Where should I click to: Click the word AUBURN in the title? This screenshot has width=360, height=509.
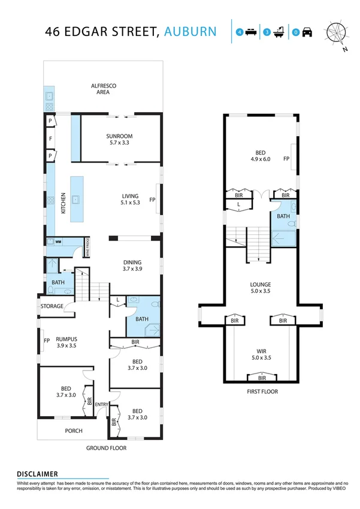click(x=191, y=31)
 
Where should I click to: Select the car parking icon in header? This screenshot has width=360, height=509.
click(x=307, y=32)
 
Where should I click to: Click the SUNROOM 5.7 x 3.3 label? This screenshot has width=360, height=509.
click(x=120, y=140)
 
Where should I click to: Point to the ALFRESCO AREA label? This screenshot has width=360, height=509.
click(x=103, y=89)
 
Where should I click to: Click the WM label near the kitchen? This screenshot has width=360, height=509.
click(x=59, y=242)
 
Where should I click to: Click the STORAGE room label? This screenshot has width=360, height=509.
click(x=52, y=306)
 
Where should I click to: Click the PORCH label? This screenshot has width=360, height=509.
click(x=73, y=430)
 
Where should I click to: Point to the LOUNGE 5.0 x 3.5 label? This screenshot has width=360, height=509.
click(x=261, y=288)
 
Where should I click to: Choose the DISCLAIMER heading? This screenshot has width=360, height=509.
click(x=37, y=473)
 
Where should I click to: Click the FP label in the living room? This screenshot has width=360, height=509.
click(x=152, y=200)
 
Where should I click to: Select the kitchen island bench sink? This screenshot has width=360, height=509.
click(x=76, y=199)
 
